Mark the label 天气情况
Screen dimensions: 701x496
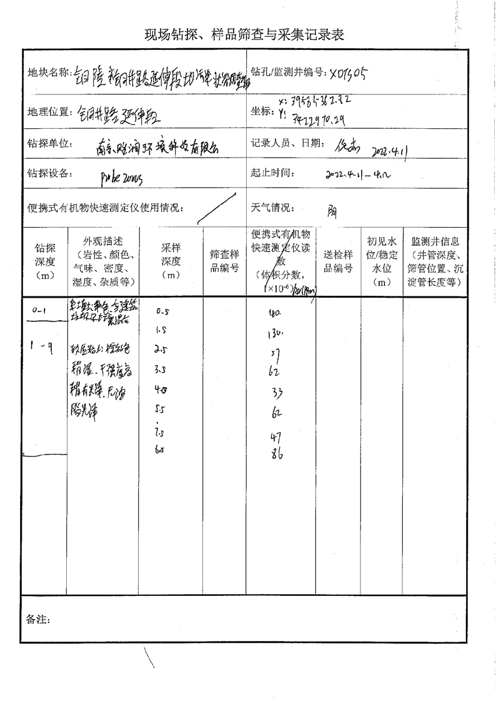(272, 208)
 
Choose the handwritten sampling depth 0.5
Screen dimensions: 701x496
(164, 311)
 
